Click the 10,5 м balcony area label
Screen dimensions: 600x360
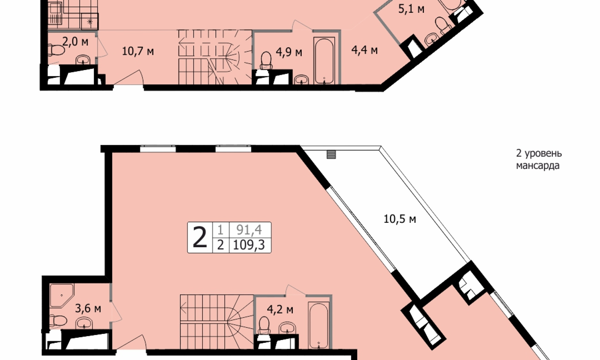(400, 219)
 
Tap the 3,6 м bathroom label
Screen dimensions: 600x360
(88, 308)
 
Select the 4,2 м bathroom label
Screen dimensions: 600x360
(280, 309)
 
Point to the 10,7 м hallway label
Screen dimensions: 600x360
(138, 51)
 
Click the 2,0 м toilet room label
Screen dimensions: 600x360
(75, 42)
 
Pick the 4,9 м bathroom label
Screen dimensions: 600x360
(289, 52)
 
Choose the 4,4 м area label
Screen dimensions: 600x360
(364, 50)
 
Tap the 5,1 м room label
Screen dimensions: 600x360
(411, 9)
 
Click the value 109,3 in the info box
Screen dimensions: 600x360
(249, 245)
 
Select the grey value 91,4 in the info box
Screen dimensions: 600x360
(249, 229)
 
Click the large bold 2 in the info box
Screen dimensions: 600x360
(200, 237)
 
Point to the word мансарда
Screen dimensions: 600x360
(538, 166)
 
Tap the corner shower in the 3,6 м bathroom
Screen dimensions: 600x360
(61, 296)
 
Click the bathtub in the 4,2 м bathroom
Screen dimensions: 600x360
(318, 326)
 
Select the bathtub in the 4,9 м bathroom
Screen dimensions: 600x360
(324, 61)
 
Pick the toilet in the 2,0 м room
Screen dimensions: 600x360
(55, 50)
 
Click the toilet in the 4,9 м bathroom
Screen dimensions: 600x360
(266, 60)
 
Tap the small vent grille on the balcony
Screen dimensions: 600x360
(331, 154)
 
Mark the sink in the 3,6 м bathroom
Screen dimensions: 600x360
(84, 324)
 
